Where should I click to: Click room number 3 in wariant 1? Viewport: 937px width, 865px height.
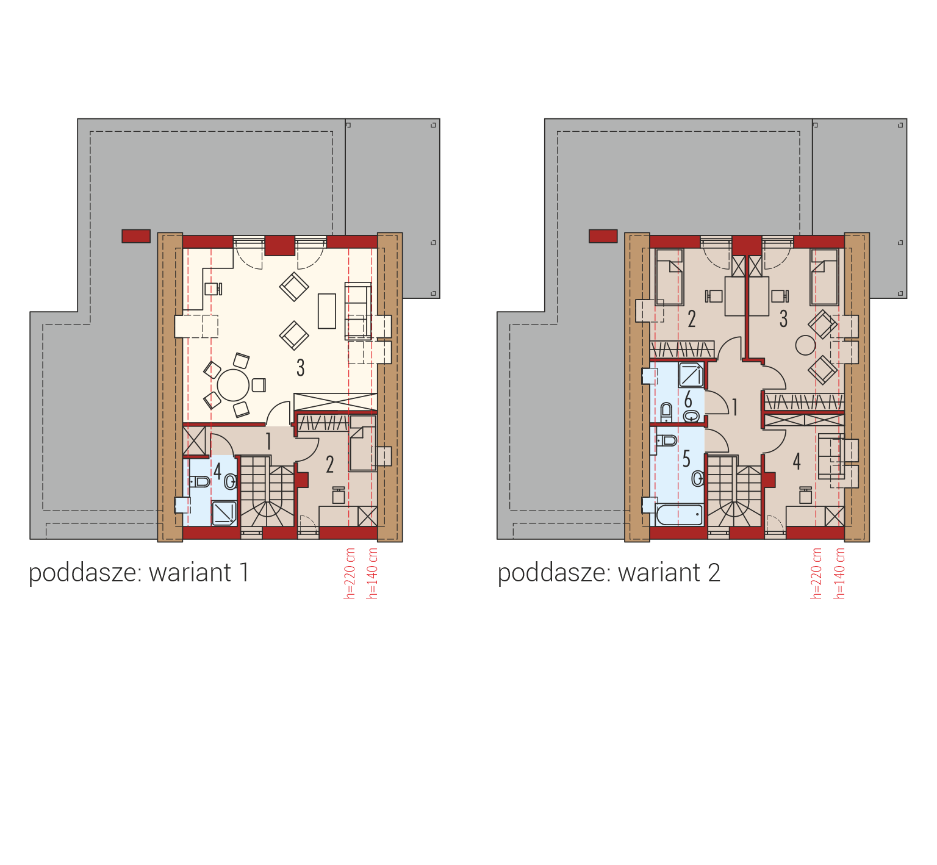pyautogui.click(x=300, y=368)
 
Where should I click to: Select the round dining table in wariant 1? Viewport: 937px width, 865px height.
pyautogui.click(x=233, y=385)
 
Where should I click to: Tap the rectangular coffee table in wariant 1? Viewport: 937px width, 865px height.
pyautogui.click(x=327, y=311)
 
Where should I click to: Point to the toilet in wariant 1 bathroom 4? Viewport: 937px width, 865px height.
pyautogui.click(x=199, y=482)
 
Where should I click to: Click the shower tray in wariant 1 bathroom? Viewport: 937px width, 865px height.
pyautogui.click(x=224, y=513)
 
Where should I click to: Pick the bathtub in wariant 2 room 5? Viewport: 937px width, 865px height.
pyautogui.click(x=680, y=514)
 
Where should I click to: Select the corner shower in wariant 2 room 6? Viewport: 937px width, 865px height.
pyautogui.click(x=691, y=375)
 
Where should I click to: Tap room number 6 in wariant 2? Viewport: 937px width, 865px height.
pyautogui.click(x=688, y=400)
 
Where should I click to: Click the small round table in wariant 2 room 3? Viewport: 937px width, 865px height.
pyautogui.click(x=805, y=345)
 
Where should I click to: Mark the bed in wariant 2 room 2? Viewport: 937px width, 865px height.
pyautogui.click(x=669, y=277)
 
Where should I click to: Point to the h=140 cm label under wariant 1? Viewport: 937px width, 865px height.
pyautogui.click(x=372, y=573)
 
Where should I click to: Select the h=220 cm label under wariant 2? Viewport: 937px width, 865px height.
pyautogui.click(x=816, y=573)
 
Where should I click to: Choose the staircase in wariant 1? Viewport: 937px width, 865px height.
pyautogui.click(x=267, y=491)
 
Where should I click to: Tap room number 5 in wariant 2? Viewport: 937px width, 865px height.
pyautogui.click(x=686, y=459)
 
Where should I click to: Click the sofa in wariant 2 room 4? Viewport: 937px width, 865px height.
pyautogui.click(x=831, y=456)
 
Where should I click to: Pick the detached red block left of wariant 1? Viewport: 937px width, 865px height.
pyautogui.click(x=136, y=236)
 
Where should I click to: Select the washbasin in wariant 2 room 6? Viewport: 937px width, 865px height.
pyautogui.click(x=691, y=416)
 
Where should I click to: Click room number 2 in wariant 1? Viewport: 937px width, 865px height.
pyautogui.click(x=329, y=465)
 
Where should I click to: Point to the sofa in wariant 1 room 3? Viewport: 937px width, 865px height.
pyautogui.click(x=358, y=311)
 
